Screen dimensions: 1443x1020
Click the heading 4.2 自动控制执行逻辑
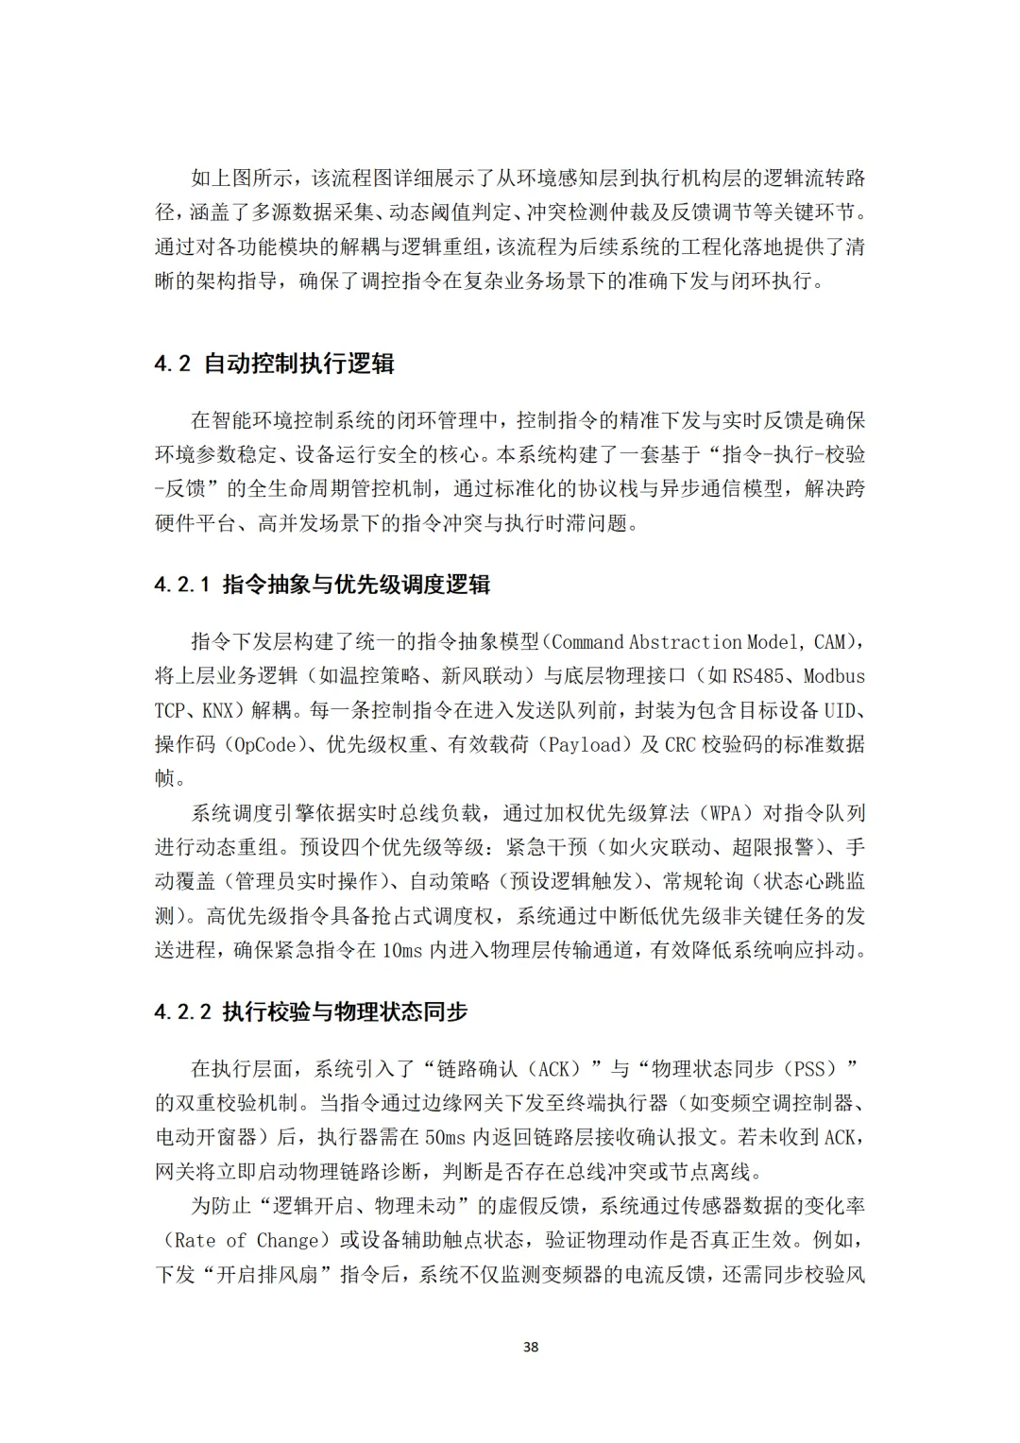coord(274,364)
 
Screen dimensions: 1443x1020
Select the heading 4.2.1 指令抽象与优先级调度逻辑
coord(322,585)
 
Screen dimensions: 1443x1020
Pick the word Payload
coord(592,744)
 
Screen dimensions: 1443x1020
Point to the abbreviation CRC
coord(680,744)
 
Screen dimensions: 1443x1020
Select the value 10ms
coord(402,950)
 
